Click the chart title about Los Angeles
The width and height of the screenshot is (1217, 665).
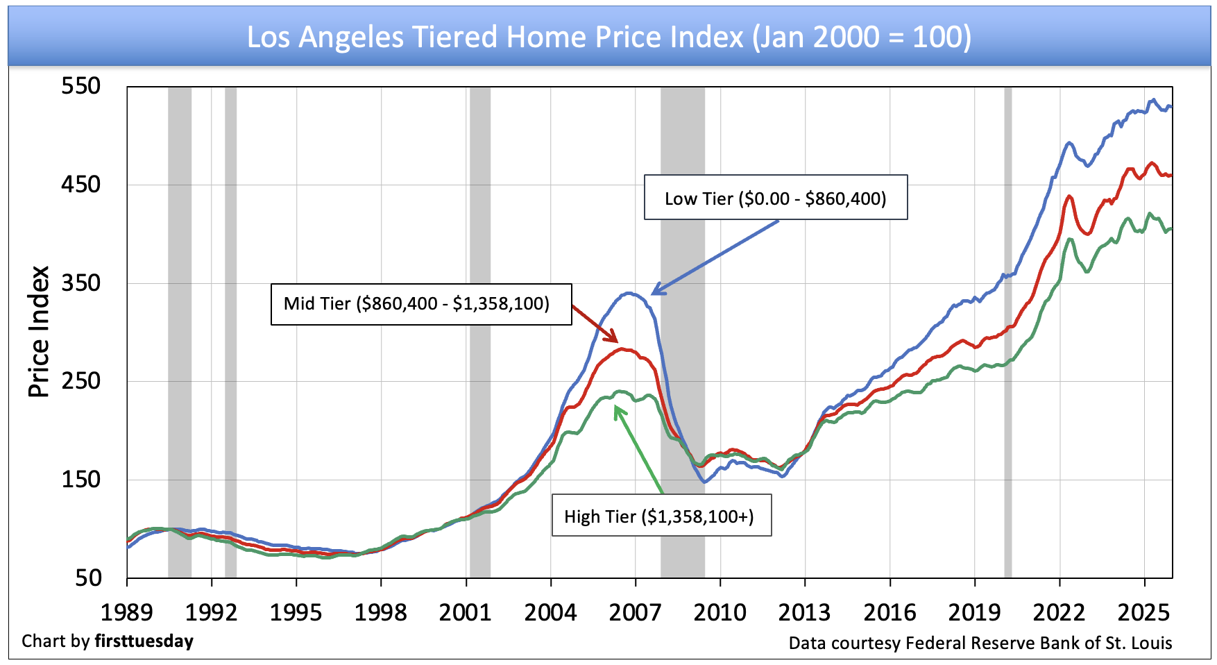pos(608,37)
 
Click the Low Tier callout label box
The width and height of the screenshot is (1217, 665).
pos(775,198)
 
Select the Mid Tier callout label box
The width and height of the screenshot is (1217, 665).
pos(420,304)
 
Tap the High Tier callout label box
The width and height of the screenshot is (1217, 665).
pos(661,516)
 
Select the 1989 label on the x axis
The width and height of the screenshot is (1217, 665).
pos(127,612)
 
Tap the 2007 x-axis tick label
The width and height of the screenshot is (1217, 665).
pos(635,612)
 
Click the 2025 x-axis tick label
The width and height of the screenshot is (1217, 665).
pos(1143,612)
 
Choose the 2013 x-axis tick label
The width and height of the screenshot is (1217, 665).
pos(805,612)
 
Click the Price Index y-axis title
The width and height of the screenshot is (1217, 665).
pos(39,332)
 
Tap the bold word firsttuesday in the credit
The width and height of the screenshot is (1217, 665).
pos(144,641)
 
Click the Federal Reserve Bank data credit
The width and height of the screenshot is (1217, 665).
pos(980,643)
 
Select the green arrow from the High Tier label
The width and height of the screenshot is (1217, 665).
pos(638,450)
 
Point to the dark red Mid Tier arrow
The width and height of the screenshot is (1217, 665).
pos(595,324)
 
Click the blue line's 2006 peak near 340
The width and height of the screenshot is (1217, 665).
pos(629,293)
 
